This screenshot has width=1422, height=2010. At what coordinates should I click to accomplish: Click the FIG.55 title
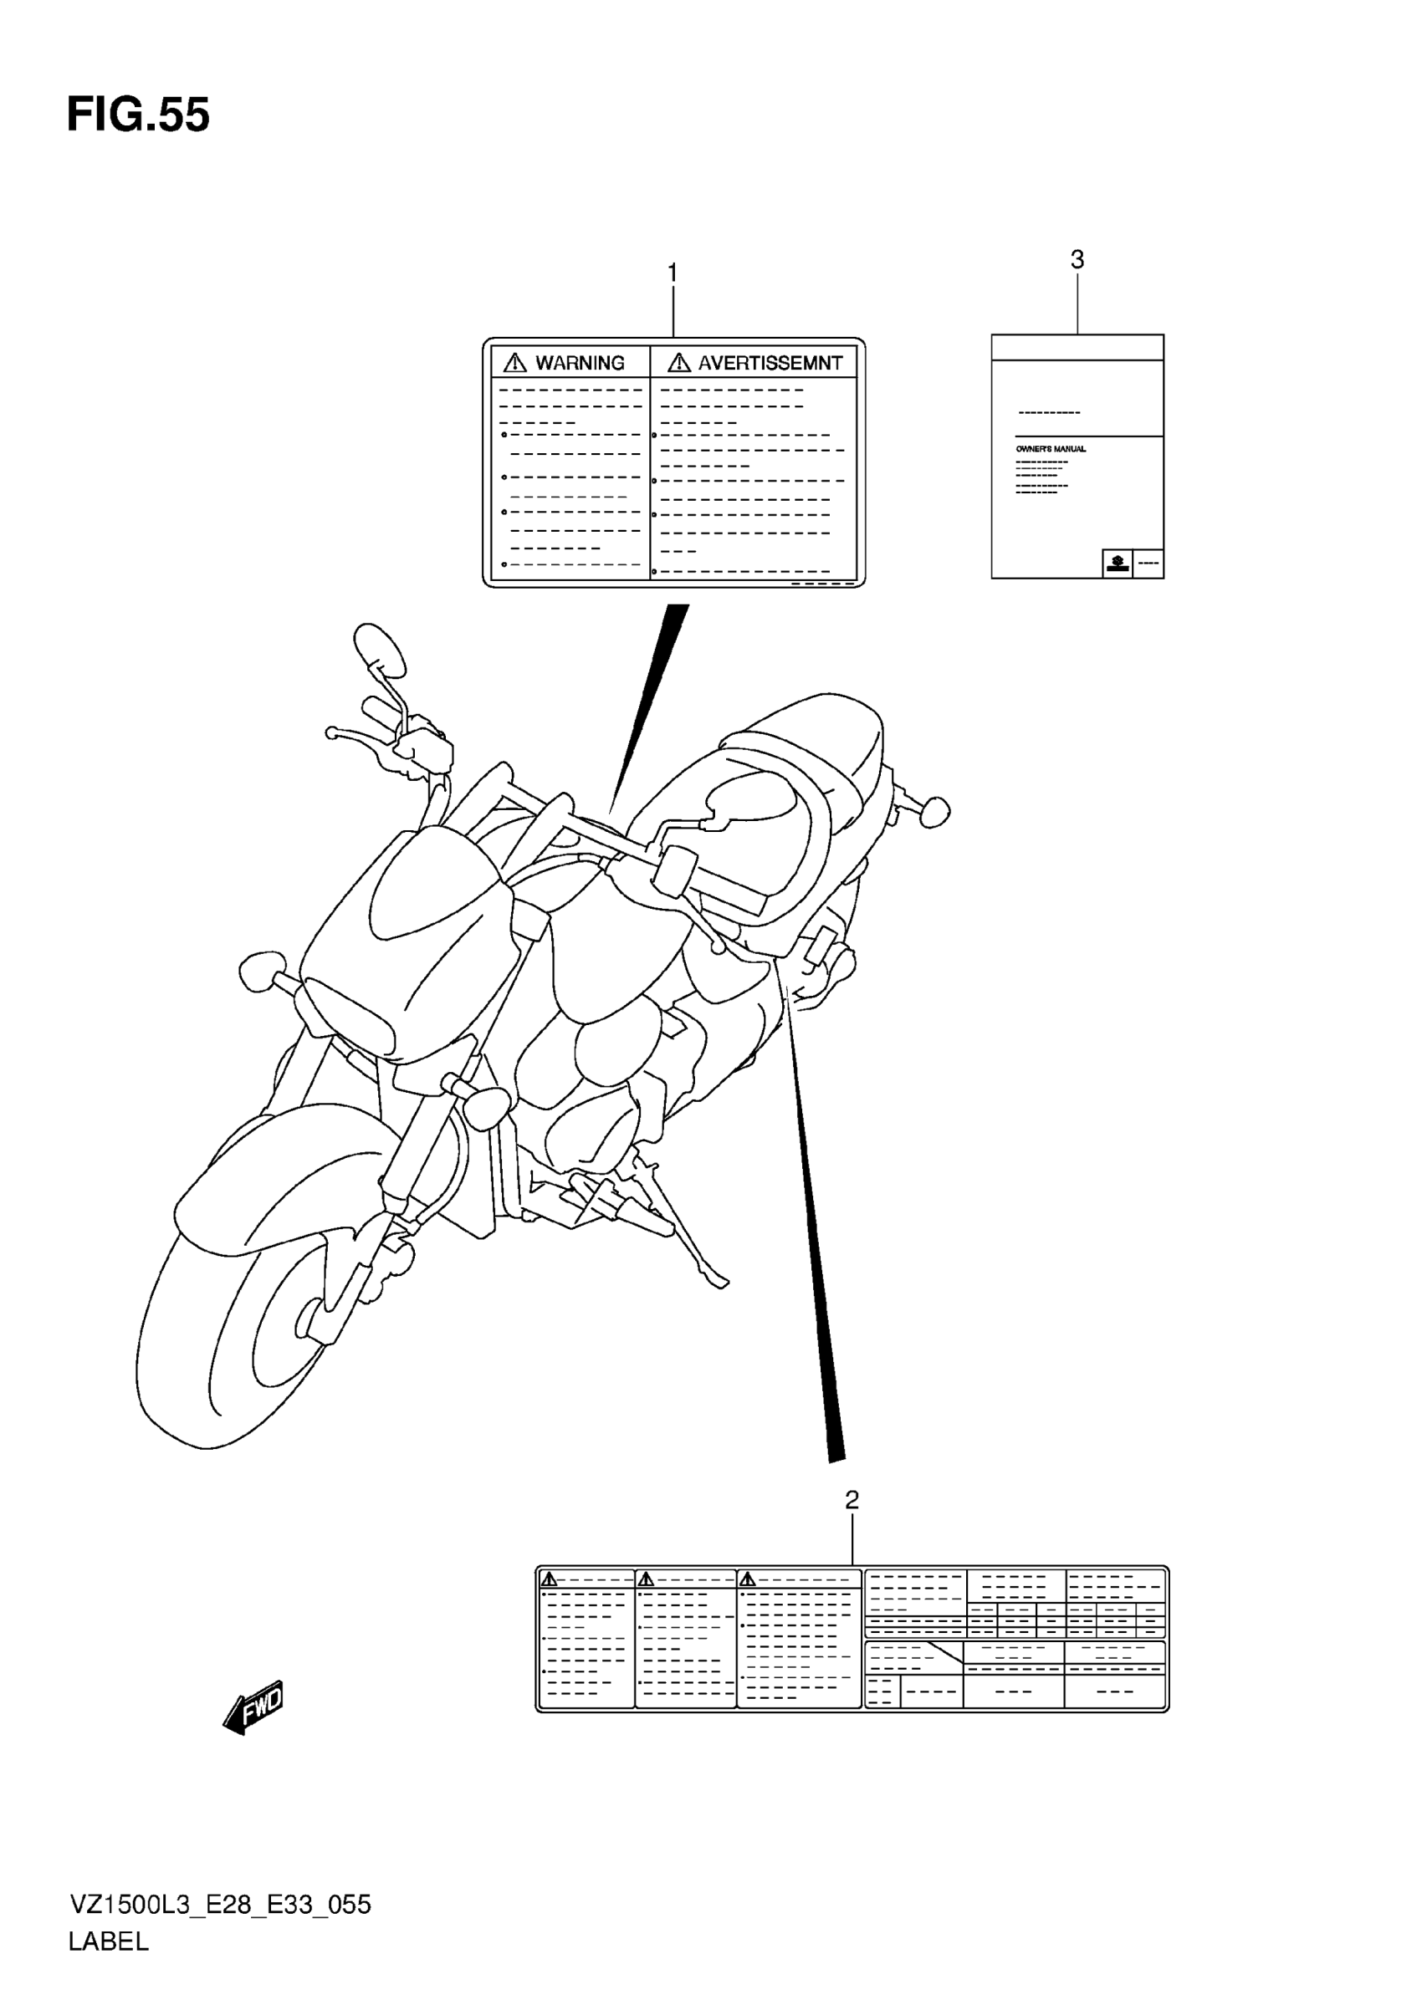[x=138, y=115]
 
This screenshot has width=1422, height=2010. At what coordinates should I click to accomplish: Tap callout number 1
[x=673, y=273]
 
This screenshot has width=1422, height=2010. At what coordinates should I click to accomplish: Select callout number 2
[x=851, y=1500]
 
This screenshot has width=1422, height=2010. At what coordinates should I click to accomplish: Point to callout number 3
[x=1077, y=259]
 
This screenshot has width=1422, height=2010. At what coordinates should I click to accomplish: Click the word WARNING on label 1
[x=580, y=362]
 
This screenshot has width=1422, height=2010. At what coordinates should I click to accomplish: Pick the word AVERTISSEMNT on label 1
[x=770, y=362]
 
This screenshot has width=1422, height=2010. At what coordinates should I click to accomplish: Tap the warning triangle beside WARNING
[x=515, y=361]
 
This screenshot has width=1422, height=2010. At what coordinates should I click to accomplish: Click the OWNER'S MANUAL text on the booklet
[x=1051, y=449]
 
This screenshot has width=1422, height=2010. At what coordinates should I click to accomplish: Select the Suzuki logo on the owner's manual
[x=1117, y=563]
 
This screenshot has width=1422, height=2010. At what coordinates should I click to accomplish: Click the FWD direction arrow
[x=254, y=1706]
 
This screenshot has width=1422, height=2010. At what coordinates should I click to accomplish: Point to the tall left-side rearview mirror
[x=379, y=647]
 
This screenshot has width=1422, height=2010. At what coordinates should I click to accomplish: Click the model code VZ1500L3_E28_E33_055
[x=220, y=1904]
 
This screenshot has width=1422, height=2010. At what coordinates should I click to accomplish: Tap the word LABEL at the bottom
[x=109, y=1941]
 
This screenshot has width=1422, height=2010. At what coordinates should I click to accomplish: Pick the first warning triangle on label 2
[x=549, y=1579]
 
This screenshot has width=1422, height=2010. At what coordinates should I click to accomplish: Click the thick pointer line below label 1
[x=652, y=701]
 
